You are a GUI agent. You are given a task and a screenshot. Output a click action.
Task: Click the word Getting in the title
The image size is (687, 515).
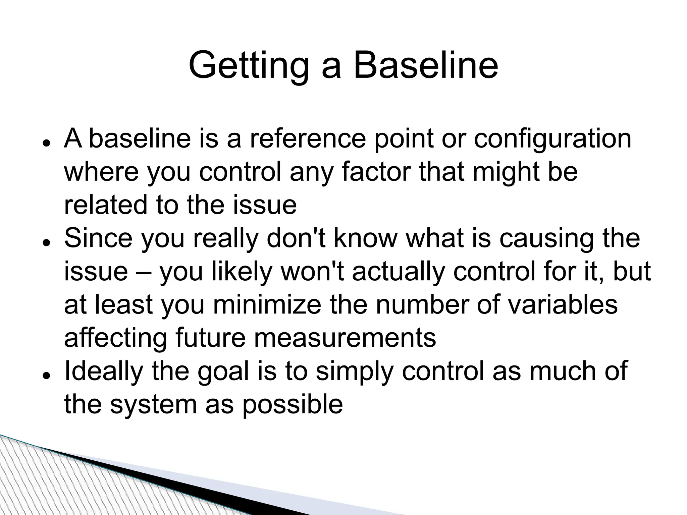[x=248, y=65]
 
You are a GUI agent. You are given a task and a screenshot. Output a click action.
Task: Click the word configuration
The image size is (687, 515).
[x=552, y=139]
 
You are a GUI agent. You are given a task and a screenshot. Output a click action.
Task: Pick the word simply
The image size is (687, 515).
[x=354, y=372]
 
